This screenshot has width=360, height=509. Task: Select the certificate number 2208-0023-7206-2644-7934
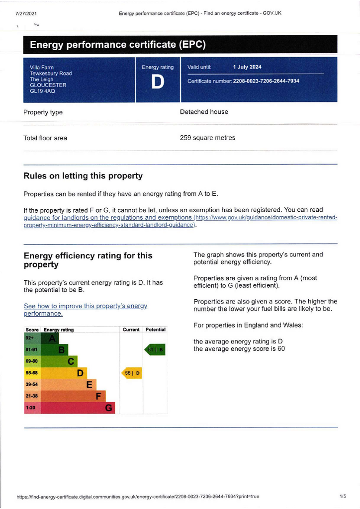point(266,81)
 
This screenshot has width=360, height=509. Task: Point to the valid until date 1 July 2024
point(247,67)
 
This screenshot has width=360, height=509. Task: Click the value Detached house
point(204,112)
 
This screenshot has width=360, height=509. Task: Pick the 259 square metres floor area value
point(207,138)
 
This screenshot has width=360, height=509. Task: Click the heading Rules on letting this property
point(83,176)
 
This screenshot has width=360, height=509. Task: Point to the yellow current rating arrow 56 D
point(132,373)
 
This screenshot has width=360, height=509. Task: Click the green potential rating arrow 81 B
point(155,350)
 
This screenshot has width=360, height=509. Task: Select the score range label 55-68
point(32,373)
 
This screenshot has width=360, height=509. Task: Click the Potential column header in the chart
point(156,330)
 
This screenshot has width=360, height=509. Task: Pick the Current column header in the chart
point(131,330)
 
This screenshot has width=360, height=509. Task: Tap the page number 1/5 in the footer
point(343,497)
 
